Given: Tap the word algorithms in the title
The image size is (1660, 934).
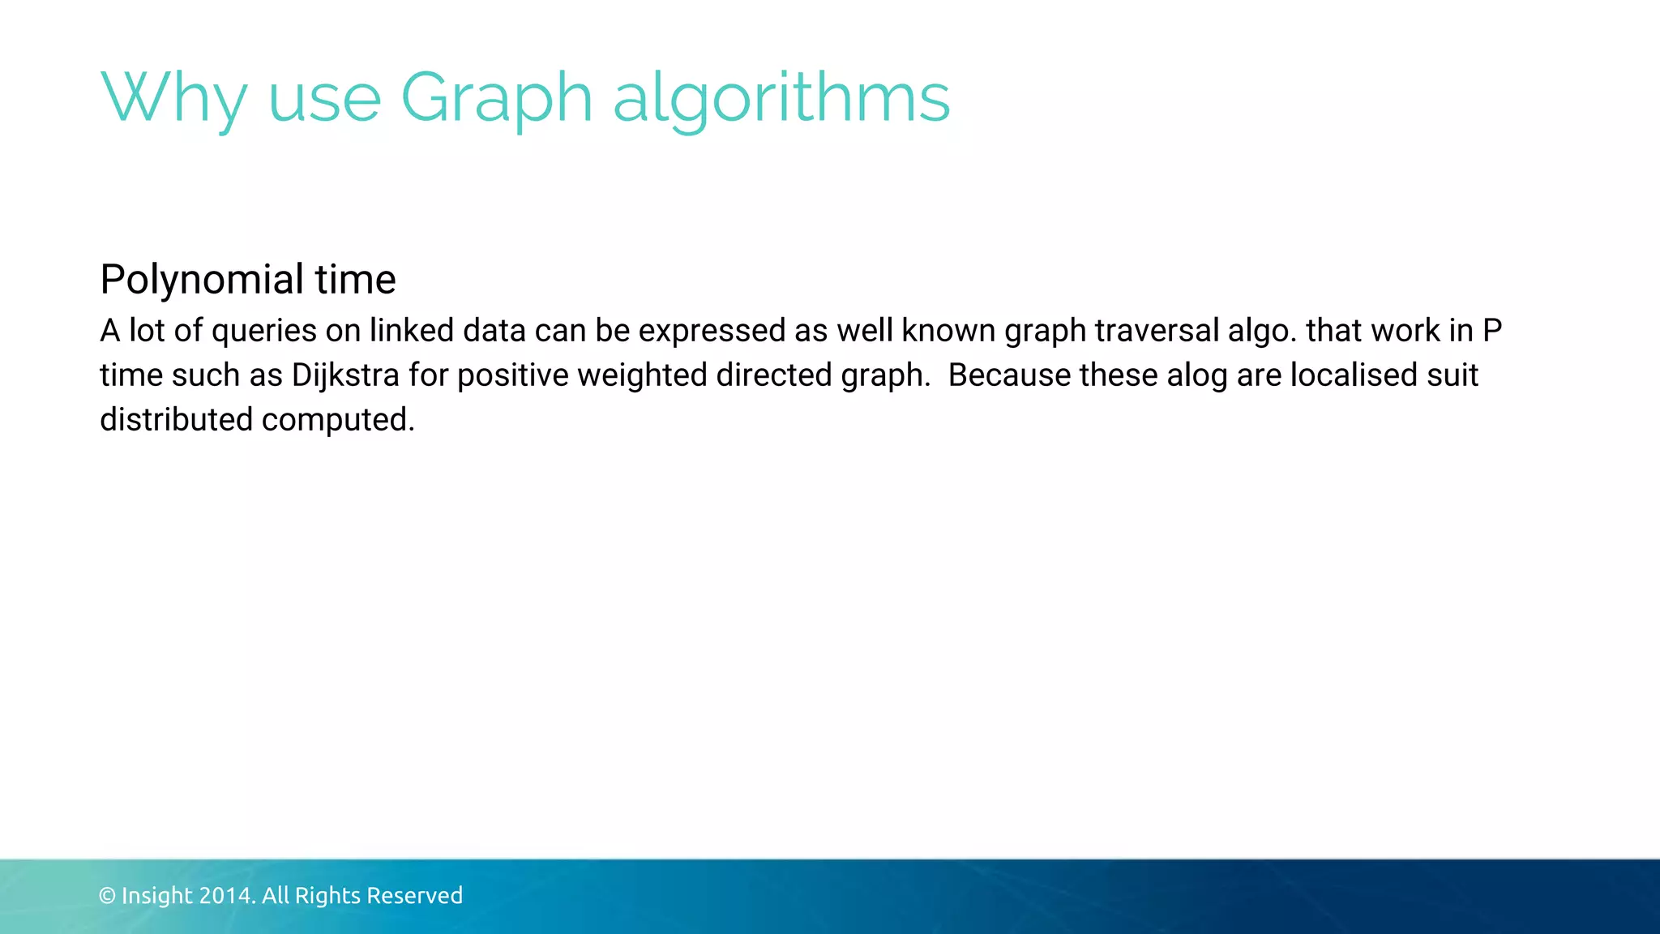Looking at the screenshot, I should (x=781, y=97).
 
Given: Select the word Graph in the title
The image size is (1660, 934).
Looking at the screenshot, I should (x=497, y=97).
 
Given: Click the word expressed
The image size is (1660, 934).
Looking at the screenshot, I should (x=712, y=331).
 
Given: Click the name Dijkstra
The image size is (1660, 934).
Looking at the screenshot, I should (x=345, y=375).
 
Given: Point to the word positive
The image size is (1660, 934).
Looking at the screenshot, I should (x=513, y=375).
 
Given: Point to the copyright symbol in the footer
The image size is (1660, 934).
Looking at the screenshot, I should (x=107, y=896).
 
